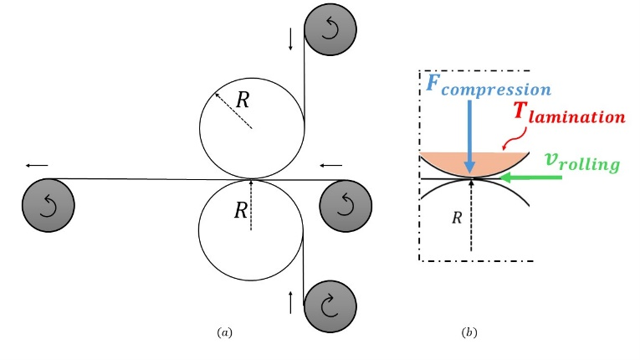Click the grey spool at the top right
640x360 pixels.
[330, 29]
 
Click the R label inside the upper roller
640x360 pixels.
[243, 100]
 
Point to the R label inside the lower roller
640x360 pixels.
[241, 210]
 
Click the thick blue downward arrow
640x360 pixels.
[472, 134]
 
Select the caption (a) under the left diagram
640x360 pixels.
[223, 332]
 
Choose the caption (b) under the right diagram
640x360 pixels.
[469, 332]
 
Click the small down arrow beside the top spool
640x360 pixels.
[290, 39]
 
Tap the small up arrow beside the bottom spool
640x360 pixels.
[290, 301]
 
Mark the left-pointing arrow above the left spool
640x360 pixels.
[37, 165]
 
